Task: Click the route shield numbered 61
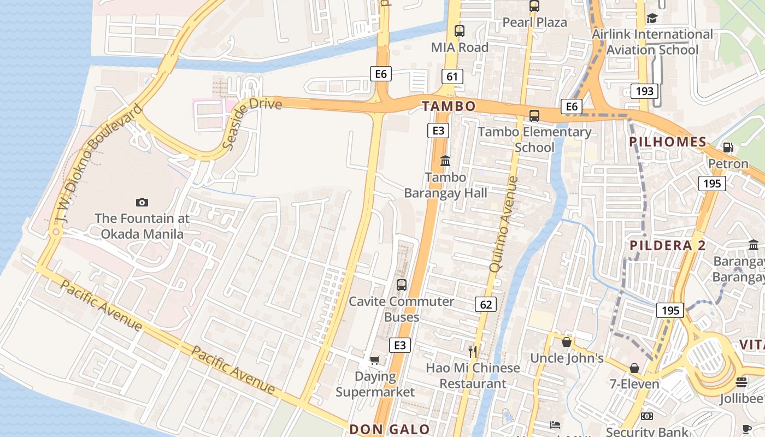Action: [452, 76]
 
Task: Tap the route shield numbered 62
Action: [486, 304]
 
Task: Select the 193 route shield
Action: [644, 91]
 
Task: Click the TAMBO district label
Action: [448, 106]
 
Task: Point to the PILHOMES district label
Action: [668, 142]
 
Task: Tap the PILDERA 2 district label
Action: [668, 245]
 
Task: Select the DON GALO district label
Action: [390, 429]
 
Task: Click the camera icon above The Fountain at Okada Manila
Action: [142, 203]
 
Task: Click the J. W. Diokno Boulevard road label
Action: [98, 164]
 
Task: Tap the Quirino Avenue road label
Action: [503, 224]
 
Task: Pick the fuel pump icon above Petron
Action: [728, 147]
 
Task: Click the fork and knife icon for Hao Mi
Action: [473, 351]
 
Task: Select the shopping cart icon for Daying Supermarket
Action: [374, 359]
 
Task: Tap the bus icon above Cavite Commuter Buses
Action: [402, 285]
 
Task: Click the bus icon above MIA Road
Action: [460, 31]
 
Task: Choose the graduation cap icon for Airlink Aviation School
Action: [652, 19]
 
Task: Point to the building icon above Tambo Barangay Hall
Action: [445, 161]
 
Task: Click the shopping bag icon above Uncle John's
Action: [567, 342]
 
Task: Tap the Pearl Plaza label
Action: [534, 22]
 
